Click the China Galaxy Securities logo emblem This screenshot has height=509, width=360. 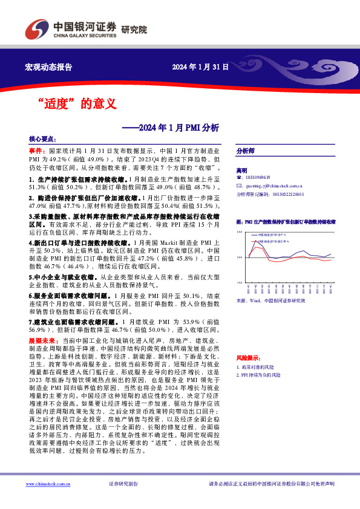coord(35,29)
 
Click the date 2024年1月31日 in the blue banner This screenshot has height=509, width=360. coord(200,67)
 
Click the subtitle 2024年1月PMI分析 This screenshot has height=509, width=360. coord(179,128)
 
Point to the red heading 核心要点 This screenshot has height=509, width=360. coord(42,139)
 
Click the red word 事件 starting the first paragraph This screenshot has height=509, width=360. coord(36,149)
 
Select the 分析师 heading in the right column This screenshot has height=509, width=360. coord(245,151)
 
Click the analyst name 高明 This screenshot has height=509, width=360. coord(242,171)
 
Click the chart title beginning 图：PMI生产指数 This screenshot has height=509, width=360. coord(285,222)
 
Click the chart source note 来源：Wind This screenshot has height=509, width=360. coord(270,300)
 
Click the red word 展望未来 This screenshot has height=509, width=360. coord(41,340)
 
